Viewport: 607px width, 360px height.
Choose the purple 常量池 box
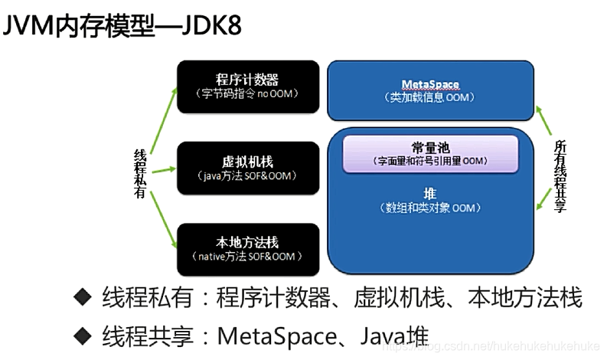tap(429, 152)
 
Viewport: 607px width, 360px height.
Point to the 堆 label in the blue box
tap(429, 195)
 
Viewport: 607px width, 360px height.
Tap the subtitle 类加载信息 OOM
tap(429, 97)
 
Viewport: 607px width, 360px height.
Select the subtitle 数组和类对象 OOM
tap(429, 208)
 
